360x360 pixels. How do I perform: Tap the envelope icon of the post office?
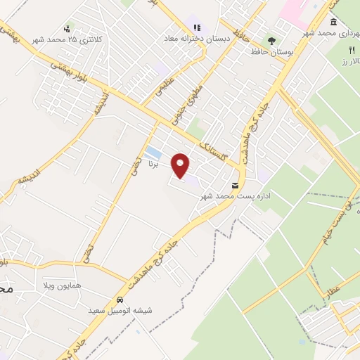pos(235,187)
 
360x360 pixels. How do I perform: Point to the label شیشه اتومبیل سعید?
pos(120,310)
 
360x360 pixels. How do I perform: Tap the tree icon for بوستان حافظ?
pos(272,41)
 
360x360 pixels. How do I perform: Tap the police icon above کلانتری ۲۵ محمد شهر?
pos(67,28)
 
